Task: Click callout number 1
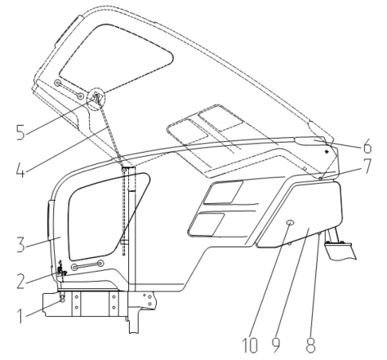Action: point(20,316)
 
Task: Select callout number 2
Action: point(21,282)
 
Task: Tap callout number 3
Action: point(21,244)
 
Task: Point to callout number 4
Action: point(20,170)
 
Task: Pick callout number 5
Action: point(20,132)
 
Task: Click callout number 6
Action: point(367,146)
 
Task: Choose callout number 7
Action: point(367,167)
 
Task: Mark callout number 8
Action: point(310,345)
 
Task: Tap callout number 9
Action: point(276,345)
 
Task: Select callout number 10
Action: point(250,345)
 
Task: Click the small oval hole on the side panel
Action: point(290,223)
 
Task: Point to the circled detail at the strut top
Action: point(96,99)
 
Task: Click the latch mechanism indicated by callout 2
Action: point(61,270)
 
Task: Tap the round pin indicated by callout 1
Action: point(62,299)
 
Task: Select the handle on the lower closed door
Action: point(87,265)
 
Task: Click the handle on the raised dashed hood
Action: point(69,89)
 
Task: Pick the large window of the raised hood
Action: point(117,58)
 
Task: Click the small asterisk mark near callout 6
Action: point(327,150)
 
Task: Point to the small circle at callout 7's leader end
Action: point(321,178)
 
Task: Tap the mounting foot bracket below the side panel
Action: point(340,251)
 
